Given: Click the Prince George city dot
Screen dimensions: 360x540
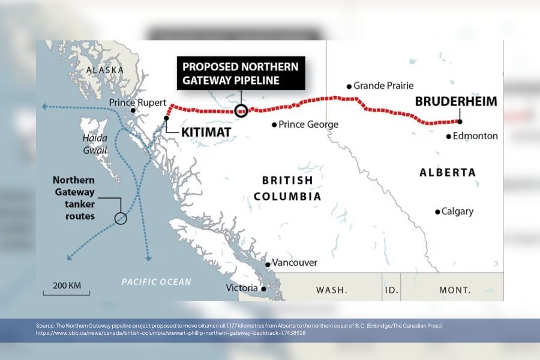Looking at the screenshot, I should click(274, 125).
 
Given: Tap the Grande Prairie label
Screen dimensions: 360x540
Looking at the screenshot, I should click(383, 86).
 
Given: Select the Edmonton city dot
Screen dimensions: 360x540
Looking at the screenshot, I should click(448, 136).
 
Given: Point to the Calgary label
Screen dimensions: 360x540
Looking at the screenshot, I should click(457, 211).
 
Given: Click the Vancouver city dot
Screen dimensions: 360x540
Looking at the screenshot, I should click(268, 264).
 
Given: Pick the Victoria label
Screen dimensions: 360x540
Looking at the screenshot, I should click(242, 288).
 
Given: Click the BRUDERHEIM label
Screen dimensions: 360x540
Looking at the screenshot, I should click(456, 101).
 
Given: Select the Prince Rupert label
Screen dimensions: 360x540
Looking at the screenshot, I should click(137, 103).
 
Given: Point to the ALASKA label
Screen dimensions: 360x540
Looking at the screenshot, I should click(105, 70).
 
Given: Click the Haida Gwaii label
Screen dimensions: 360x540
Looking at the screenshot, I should click(95, 144).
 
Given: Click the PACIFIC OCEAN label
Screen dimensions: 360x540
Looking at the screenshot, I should click(156, 282).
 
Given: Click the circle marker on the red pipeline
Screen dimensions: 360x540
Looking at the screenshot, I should click(241, 110).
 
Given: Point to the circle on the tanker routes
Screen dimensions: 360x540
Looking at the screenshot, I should click(121, 218).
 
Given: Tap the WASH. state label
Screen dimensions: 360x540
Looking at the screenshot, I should click(332, 290).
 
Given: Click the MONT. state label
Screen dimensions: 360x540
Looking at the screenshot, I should click(455, 290).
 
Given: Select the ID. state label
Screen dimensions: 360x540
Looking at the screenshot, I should click(391, 290).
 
